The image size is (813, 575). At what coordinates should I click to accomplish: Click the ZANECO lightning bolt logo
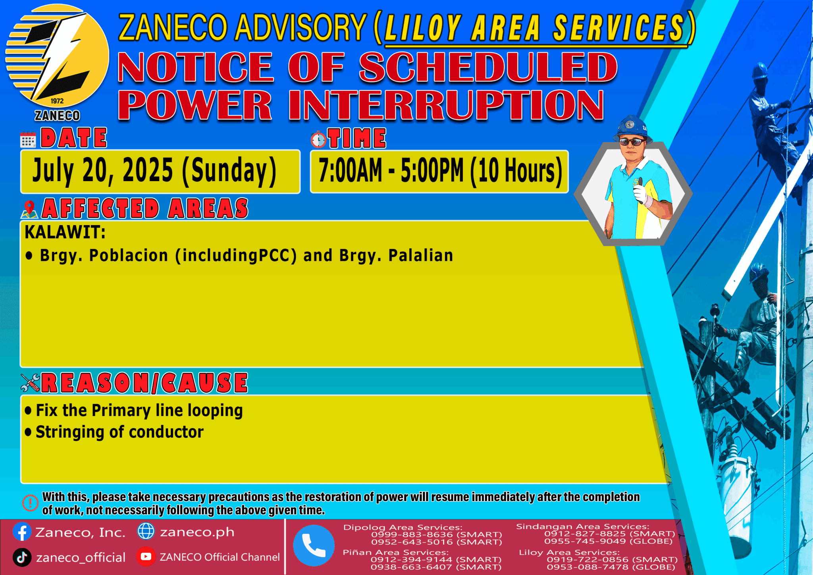[58, 58]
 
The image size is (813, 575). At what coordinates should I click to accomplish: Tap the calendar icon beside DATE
[28, 140]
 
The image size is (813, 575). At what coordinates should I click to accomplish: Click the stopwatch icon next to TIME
[318, 139]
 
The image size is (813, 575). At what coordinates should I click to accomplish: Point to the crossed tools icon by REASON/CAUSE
[30, 383]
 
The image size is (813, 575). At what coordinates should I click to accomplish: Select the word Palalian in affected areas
[421, 256]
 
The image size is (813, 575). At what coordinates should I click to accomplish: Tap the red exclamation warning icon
[30, 503]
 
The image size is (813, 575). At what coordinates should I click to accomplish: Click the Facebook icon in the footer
[22, 532]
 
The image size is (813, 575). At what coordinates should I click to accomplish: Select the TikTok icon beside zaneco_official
[22, 557]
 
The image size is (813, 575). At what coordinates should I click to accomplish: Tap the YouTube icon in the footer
[146, 557]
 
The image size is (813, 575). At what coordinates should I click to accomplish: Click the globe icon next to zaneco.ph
[146, 531]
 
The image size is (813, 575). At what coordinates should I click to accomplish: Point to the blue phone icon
[314, 545]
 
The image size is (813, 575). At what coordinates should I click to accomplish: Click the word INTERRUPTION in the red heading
[446, 106]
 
